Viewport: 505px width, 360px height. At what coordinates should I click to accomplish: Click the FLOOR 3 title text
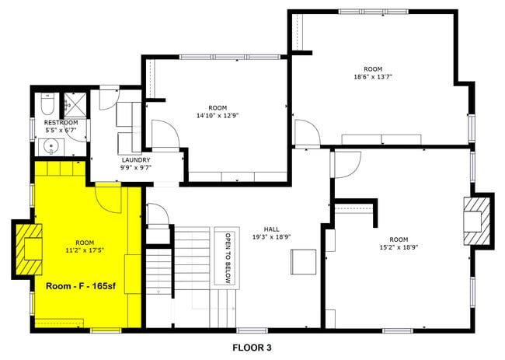[252, 348]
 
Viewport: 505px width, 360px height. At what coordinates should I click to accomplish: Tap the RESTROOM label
[60, 122]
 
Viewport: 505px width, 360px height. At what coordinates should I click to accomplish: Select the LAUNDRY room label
[135, 161]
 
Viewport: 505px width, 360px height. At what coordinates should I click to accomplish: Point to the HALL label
[271, 229]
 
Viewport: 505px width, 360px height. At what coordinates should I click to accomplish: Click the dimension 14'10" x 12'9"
[218, 115]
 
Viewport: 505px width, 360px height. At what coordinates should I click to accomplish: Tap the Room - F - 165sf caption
[81, 286]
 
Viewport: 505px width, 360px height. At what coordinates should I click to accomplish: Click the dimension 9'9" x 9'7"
[135, 169]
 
